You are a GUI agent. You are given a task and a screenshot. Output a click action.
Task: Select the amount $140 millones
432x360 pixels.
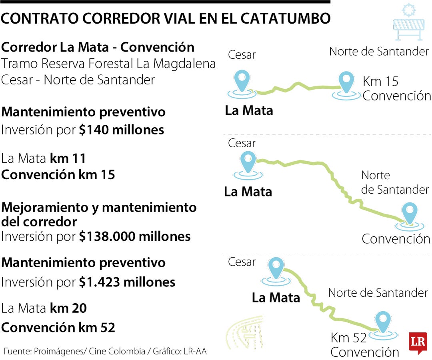coord(121,130)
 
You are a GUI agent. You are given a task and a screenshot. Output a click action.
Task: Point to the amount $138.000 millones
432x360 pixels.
coord(134,236)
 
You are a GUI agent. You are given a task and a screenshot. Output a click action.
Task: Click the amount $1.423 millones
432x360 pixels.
coord(127,282)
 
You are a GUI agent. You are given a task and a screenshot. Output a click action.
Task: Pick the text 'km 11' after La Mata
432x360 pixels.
coord(68,159)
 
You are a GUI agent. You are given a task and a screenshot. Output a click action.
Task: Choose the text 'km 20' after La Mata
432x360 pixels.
coord(68,308)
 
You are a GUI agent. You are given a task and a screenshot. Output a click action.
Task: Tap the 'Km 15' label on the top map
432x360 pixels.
coord(380,82)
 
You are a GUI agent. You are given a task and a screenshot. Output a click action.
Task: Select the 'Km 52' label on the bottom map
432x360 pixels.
coord(348,338)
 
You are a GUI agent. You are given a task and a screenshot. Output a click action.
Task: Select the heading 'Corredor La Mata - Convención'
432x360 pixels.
coord(98,47)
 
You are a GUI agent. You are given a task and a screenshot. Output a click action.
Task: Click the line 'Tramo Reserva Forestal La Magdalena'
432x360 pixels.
coord(108,64)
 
